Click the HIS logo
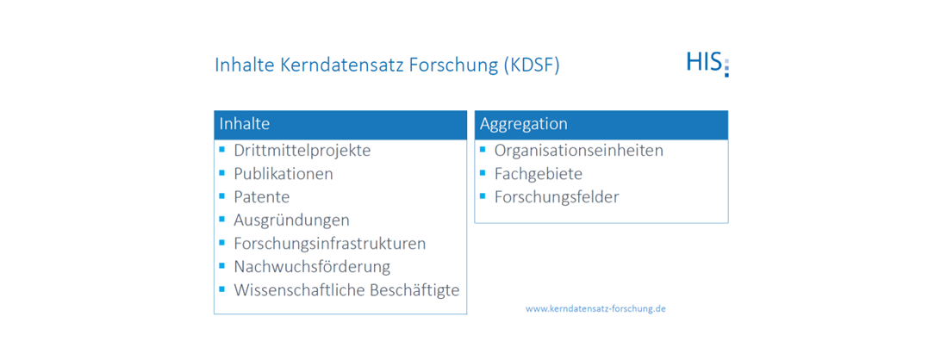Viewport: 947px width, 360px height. click(707, 63)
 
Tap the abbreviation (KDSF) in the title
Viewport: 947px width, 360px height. click(529, 66)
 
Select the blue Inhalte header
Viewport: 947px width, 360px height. click(340, 125)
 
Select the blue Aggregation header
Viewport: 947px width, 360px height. click(601, 125)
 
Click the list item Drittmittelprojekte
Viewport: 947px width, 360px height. click(302, 151)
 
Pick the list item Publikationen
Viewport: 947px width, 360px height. click(283, 174)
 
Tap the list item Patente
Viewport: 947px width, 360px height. click(261, 197)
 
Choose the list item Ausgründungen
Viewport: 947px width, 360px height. click(291, 220)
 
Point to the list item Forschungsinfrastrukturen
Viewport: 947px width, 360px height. click(329, 244)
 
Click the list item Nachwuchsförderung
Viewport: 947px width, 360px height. click(312, 267)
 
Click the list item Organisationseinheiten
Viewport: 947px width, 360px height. click(578, 151)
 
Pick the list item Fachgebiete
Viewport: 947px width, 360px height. click(538, 174)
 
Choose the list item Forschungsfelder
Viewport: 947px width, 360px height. click(556, 197)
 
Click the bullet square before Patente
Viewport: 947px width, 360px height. click(222, 196)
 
